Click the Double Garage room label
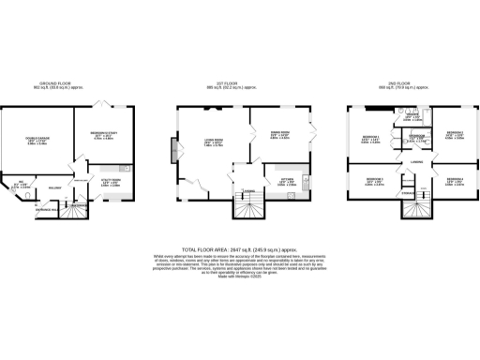point(37,142)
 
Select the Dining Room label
point(279,135)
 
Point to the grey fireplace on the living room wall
point(172,150)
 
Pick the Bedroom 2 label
point(455,134)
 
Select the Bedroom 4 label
point(455,181)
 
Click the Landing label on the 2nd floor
point(412,161)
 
